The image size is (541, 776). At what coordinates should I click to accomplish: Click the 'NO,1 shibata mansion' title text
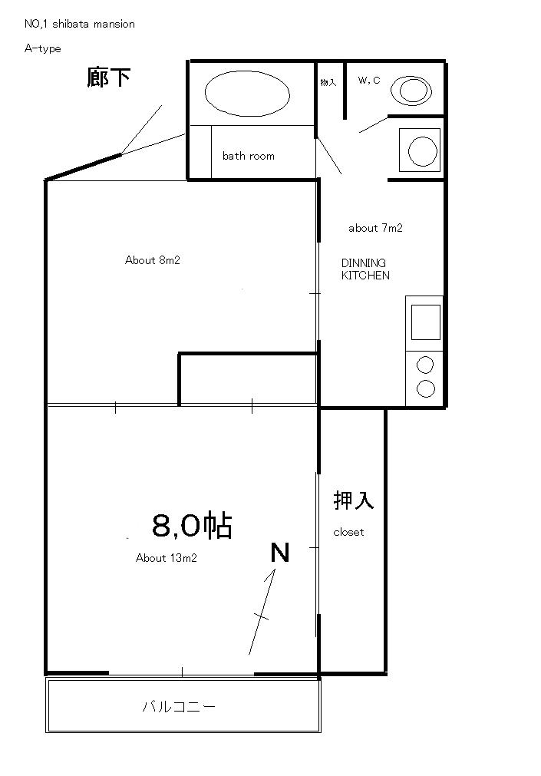tap(79, 24)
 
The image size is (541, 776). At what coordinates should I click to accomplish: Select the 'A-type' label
tap(42, 48)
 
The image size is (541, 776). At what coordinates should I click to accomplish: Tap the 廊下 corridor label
tap(108, 78)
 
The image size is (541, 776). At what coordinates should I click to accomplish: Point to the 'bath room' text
tap(249, 156)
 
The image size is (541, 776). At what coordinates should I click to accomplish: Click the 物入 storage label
tap(328, 82)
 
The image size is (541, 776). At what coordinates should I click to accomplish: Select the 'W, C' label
tap(369, 80)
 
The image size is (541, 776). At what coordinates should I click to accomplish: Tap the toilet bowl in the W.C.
tap(411, 91)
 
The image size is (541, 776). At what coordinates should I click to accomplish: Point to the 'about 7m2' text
tap(375, 228)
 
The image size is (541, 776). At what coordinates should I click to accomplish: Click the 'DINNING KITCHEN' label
tap(365, 269)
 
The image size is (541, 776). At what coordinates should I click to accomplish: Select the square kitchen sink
tap(426, 322)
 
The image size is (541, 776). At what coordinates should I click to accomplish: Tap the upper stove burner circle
tap(425, 365)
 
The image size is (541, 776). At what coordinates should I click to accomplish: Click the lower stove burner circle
tap(426, 388)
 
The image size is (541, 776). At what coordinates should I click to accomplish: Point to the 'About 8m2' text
tap(153, 260)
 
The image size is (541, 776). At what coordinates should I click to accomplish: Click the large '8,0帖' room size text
tap(192, 525)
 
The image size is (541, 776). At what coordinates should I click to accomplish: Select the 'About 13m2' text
tap(167, 558)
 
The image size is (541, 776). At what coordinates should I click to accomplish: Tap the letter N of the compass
tap(279, 553)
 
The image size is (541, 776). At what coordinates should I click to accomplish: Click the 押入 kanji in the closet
tap(354, 500)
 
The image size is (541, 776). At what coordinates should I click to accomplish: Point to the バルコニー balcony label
tap(179, 706)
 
